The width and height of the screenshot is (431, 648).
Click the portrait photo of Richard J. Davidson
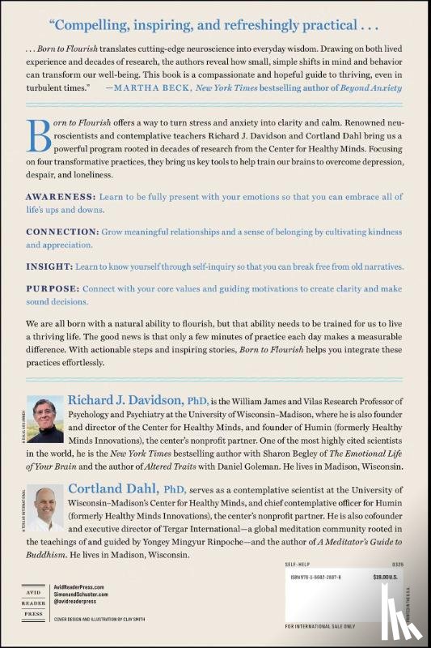click(x=45, y=417)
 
